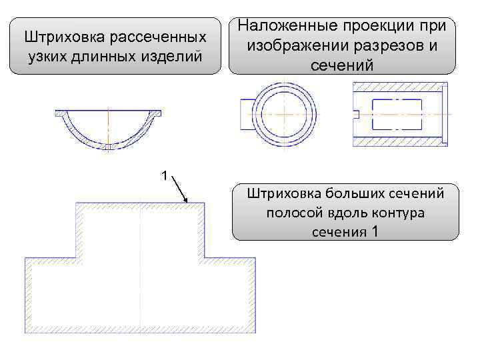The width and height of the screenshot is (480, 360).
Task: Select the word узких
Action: click(x=47, y=55)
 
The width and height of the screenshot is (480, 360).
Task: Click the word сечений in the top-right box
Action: click(x=342, y=65)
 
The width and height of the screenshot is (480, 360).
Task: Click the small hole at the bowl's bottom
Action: click(x=107, y=146)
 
